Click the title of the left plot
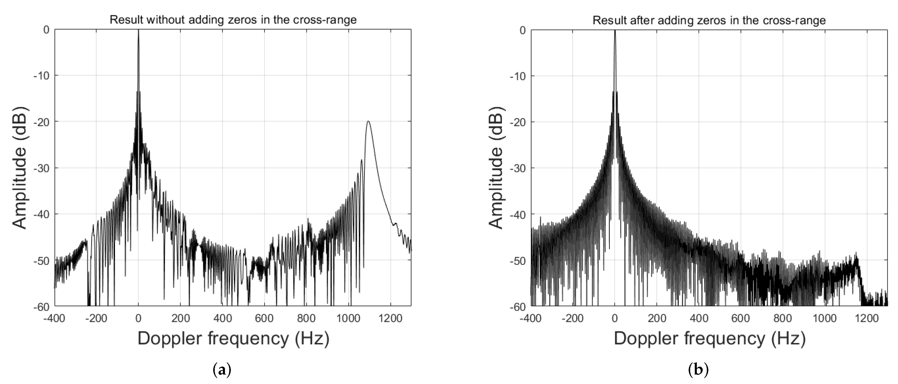(233, 20)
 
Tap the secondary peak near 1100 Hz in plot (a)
(368, 122)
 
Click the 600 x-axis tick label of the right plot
(741, 319)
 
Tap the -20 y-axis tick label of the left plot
(41, 122)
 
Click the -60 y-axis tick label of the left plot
(41, 306)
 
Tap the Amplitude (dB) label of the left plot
(20, 168)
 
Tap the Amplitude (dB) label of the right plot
(496, 168)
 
